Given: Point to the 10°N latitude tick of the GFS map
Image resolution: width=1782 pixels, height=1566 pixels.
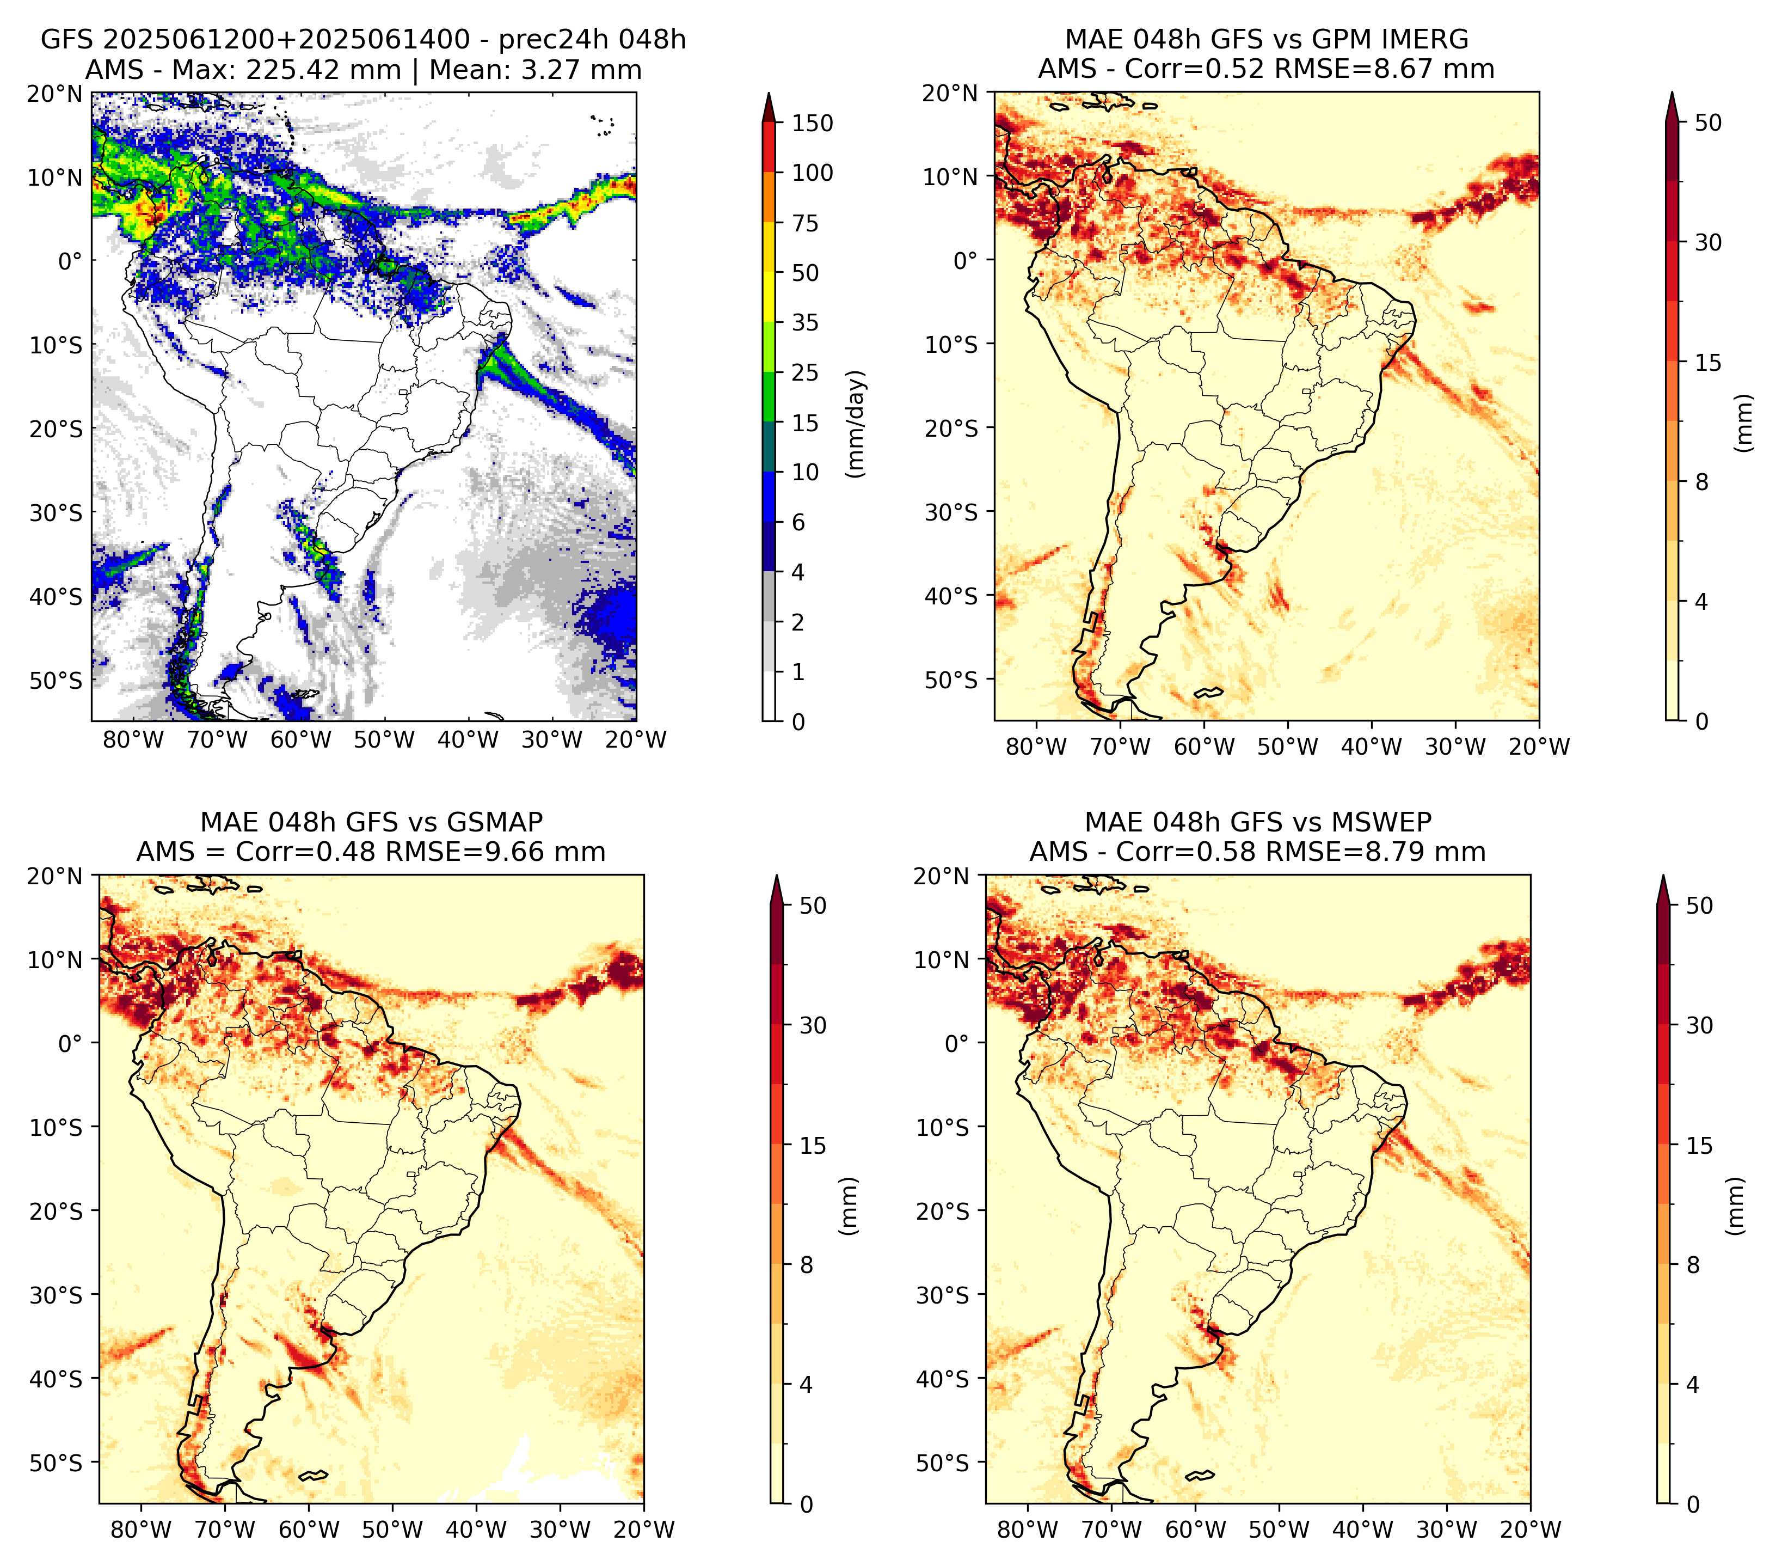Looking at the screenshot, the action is pos(54,178).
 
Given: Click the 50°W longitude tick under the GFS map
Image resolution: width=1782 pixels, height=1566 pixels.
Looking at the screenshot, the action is pos(384,741).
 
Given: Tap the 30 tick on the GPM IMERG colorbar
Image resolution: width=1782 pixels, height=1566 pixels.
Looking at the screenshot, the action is pos(1708,242).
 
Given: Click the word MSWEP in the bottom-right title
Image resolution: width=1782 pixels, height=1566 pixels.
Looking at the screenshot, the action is pos(1387,822).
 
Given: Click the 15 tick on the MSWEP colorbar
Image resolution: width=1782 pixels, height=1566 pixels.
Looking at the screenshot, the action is pos(1699,1146).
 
